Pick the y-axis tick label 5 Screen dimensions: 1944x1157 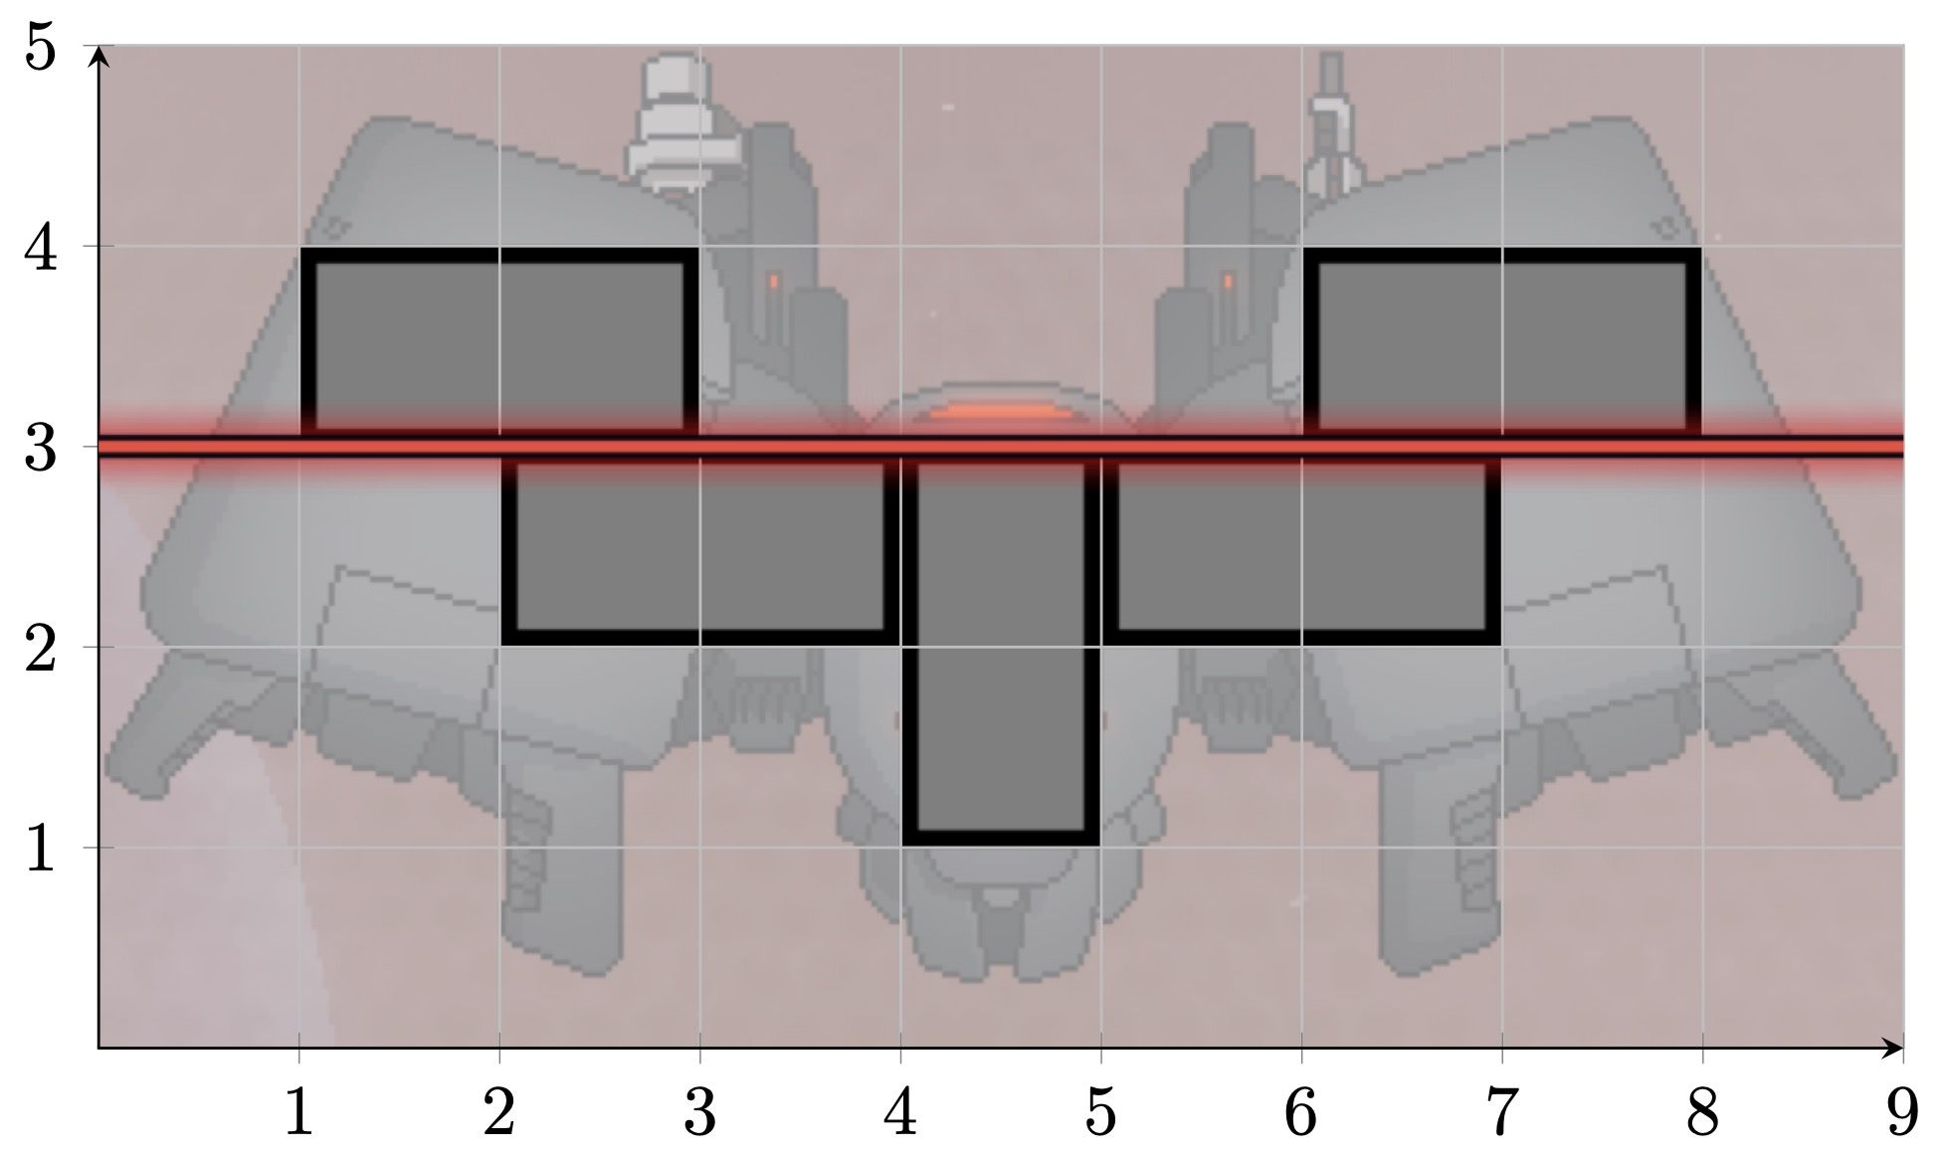coord(41,47)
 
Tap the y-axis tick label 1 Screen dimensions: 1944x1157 coord(41,849)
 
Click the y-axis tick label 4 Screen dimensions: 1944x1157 coord(41,248)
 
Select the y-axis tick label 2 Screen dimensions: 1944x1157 coord(41,649)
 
